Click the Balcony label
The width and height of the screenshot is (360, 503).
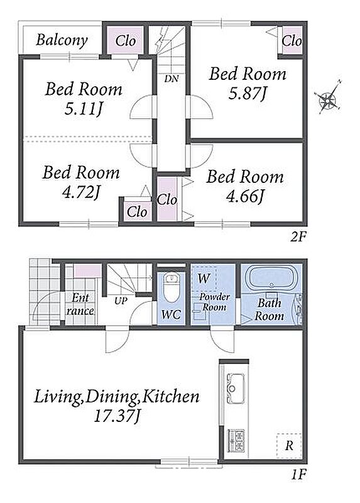[x=62, y=40]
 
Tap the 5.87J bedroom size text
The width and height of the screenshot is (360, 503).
[x=247, y=93]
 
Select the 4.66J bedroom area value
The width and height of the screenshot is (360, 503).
[x=245, y=196]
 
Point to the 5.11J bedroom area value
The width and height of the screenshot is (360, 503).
[x=84, y=109]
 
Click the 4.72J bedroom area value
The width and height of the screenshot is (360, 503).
[x=82, y=192]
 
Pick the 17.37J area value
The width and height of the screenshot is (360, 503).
[x=117, y=416]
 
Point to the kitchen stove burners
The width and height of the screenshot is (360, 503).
[x=236, y=441]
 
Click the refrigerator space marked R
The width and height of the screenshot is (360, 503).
[x=289, y=445]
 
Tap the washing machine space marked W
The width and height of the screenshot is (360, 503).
[x=204, y=278]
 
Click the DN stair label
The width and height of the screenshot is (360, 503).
[x=172, y=79]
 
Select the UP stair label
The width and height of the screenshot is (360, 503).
[x=121, y=301]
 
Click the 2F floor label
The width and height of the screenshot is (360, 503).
[x=298, y=237]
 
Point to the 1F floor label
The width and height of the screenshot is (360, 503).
[x=299, y=475]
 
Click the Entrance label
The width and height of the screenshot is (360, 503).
[x=80, y=304]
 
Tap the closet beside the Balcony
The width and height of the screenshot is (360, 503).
[x=125, y=41]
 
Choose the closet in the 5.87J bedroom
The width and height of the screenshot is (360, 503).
[x=292, y=41]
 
